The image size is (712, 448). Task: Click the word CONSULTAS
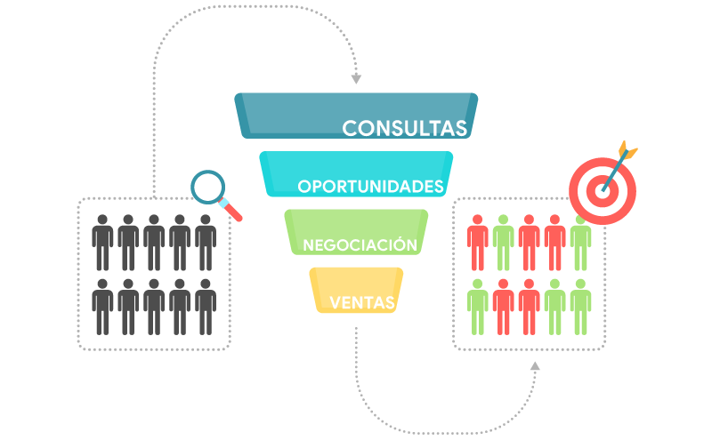coord(404,128)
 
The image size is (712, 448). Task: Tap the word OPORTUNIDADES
coord(370,187)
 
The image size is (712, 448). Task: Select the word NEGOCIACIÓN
coord(360,244)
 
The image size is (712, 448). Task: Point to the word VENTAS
coord(362,302)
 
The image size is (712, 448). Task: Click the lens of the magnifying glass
coord(208,187)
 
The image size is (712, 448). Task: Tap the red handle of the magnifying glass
coord(233,212)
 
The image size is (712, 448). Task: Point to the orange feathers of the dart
coord(627,148)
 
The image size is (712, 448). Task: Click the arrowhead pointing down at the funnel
coord(357,79)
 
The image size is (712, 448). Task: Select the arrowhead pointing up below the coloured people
coord(536,366)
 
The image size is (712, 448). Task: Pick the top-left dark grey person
coord(102,243)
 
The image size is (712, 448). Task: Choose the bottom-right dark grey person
coord(206,307)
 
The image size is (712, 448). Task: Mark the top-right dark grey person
coord(206,243)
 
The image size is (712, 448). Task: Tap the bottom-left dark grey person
coord(102,307)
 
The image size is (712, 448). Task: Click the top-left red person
coord(478,243)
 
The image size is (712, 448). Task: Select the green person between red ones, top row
coord(504,243)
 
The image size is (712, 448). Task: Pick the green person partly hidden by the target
coord(581,244)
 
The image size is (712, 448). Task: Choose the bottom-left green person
coord(478,307)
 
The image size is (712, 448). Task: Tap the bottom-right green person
coord(581,307)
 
